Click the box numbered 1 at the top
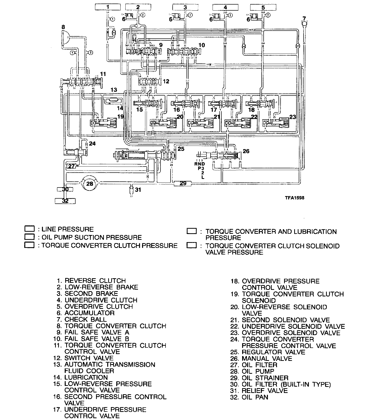point(108,7)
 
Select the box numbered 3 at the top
point(185,7)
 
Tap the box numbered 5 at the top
point(263,7)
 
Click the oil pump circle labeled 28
point(90,184)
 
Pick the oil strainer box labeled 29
point(183,183)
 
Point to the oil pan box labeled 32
point(65,201)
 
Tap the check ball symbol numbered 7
point(304,24)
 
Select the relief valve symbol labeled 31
point(131,189)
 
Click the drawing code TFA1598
point(295,198)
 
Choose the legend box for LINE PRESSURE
point(29,229)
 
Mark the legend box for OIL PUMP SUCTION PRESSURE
point(29,237)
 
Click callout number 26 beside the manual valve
point(246,151)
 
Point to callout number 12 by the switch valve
point(166,81)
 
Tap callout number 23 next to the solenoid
point(292,117)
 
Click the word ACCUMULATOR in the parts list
point(89,313)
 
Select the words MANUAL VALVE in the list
point(267,358)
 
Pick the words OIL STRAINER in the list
point(265,378)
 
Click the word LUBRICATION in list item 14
point(86,377)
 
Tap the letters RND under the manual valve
point(200,164)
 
